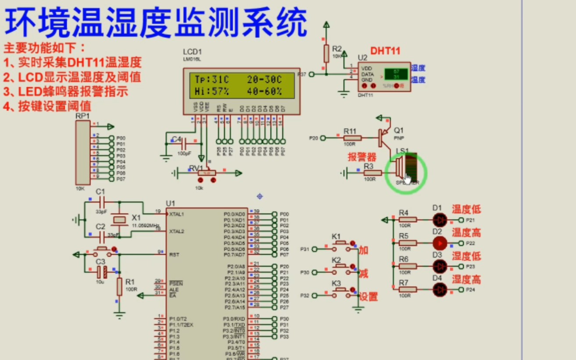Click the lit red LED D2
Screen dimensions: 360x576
[440, 243]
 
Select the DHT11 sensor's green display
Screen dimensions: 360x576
[396, 74]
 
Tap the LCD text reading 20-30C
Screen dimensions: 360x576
[264, 79]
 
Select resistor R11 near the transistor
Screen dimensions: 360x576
[352, 138]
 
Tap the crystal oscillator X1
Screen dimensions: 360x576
[119, 219]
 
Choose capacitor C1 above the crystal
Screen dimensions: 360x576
[102, 202]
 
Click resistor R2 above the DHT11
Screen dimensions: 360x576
[326, 53]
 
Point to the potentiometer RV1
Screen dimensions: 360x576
[206, 173]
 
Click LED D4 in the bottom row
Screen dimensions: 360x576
[440, 289]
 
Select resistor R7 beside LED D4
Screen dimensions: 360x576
[408, 289]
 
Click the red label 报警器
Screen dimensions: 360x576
[362, 157]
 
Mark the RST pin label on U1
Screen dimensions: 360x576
[174, 254]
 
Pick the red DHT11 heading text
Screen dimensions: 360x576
[385, 50]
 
